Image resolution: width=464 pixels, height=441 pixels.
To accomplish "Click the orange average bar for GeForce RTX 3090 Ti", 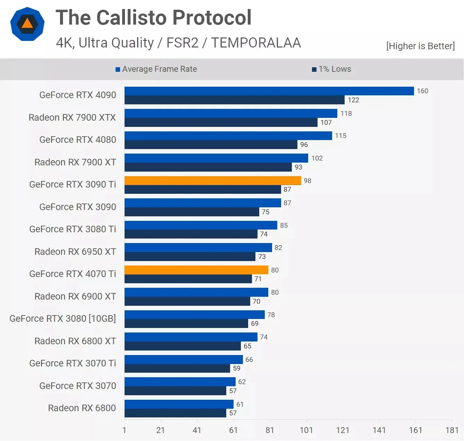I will [x=213, y=181].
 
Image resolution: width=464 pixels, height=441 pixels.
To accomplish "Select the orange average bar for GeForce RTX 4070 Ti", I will [x=196, y=270].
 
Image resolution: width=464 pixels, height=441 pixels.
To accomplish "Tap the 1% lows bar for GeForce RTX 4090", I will [x=234, y=100].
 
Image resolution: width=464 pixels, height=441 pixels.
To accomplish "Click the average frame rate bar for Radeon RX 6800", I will [x=179, y=404].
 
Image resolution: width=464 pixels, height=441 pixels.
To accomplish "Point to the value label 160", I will [x=422, y=91].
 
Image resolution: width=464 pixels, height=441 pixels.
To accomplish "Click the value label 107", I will [x=326, y=122].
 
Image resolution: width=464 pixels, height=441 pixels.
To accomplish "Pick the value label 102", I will [x=317, y=158].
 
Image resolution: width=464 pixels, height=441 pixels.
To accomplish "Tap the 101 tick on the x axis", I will [x=306, y=430].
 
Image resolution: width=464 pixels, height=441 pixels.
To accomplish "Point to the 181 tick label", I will [x=452, y=430].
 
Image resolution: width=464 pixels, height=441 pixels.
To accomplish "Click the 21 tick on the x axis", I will [x=160, y=430].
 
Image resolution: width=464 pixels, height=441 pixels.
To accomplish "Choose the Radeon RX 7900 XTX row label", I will [x=72, y=118].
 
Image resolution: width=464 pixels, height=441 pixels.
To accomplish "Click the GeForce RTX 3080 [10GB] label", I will [x=62, y=318].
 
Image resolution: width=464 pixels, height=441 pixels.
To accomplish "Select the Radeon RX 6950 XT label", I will [x=75, y=251].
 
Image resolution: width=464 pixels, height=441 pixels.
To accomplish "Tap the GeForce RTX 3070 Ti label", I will [x=73, y=363].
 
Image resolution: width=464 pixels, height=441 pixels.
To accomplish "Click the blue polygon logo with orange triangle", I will [x=27, y=24].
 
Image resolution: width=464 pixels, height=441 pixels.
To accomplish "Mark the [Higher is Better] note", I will [x=420, y=46].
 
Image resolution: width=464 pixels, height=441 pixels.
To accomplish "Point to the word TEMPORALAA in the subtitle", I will [x=256, y=43].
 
